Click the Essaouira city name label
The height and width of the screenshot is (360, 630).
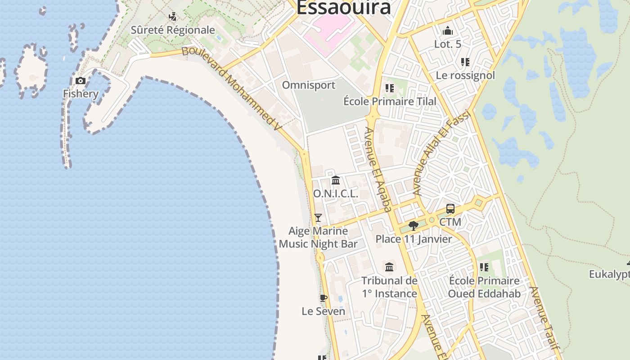click(343, 8)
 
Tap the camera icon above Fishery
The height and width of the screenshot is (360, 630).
click(81, 81)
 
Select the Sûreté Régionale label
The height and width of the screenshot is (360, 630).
click(173, 30)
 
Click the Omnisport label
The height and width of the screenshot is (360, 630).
click(309, 85)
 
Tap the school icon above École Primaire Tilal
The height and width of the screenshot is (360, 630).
click(390, 88)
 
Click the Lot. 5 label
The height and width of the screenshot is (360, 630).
click(448, 44)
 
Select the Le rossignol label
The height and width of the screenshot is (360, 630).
click(465, 75)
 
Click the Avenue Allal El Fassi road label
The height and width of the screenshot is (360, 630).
click(441, 153)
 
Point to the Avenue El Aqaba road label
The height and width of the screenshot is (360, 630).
click(378, 169)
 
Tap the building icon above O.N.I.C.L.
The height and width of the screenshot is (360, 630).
click(336, 181)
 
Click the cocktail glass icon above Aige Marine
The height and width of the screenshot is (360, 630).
click(318, 218)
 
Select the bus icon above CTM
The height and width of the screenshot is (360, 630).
click(450, 209)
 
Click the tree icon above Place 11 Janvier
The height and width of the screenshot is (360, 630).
click(413, 226)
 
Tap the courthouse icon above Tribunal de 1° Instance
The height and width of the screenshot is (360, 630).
click(389, 267)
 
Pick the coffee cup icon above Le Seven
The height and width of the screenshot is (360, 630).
click(323, 298)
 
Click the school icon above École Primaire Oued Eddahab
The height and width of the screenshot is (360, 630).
click(484, 267)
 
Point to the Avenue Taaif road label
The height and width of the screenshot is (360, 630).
click(545, 318)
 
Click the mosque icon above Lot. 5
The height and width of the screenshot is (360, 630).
click(447, 31)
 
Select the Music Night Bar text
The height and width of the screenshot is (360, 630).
click(318, 244)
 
